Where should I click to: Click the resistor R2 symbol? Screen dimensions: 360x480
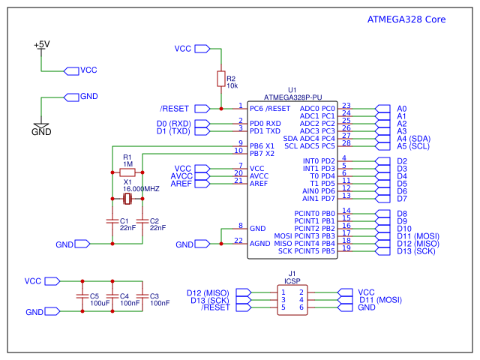pos(220,79)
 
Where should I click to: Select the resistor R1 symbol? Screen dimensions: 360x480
pos(127,172)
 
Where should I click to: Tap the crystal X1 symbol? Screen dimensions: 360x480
pos(127,199)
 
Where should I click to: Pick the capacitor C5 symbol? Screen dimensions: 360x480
pos(82,296)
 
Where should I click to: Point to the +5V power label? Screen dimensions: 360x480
pos(41,45)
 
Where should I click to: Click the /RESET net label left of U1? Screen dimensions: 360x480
pos(174,109)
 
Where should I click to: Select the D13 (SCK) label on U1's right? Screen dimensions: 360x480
pos(416,251)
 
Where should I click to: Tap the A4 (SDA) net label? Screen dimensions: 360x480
pos(413,139)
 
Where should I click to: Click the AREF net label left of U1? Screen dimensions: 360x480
pos(181,184)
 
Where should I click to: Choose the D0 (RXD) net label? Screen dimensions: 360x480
pos(173,124)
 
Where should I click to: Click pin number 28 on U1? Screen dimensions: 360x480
pos(346,143)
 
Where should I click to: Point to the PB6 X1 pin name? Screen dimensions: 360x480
pos(262,146)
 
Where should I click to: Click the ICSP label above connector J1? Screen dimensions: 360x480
pos(292,280)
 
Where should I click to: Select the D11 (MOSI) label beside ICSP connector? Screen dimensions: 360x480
pos(380,300)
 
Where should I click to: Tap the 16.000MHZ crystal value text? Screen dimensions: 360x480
pos(142,189)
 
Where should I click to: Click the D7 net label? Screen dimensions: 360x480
pos(402,199)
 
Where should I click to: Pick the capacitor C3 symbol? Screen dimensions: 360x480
pos(142,296)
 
